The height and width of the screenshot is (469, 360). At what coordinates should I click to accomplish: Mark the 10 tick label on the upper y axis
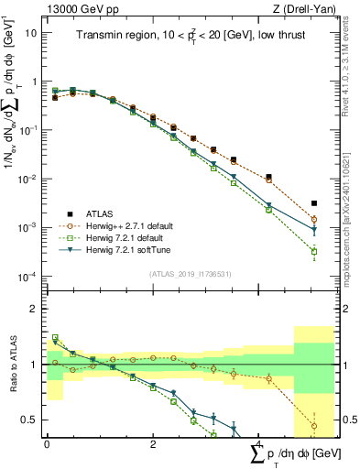tap(30, 32)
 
